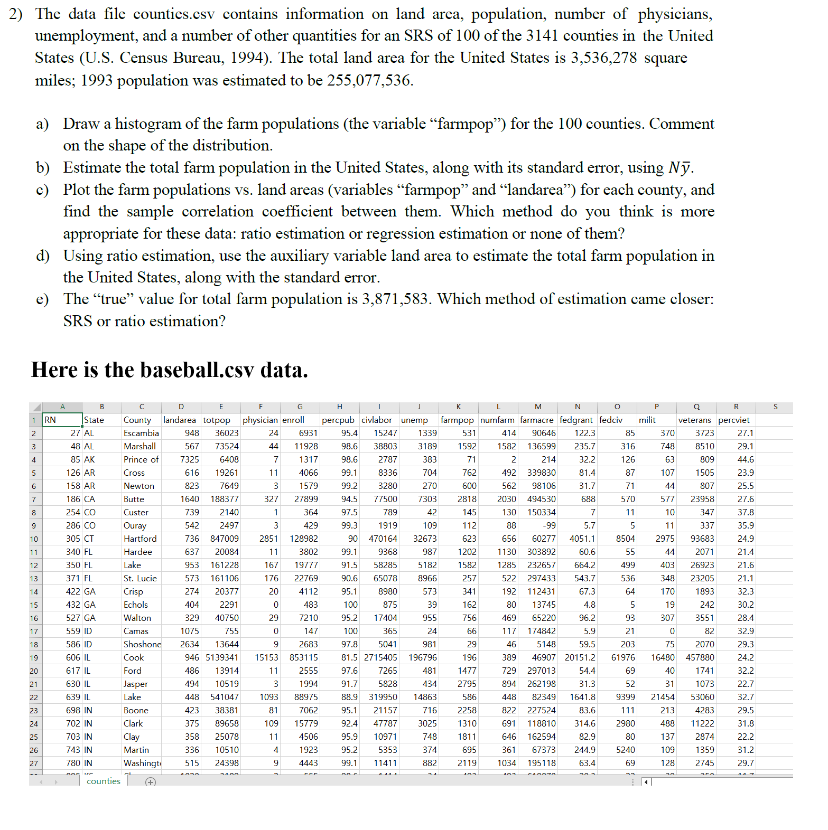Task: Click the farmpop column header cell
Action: click(x=458, y=420)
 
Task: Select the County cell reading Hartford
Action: click(x=140, y=539)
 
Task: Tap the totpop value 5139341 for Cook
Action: click(x=221, y=657)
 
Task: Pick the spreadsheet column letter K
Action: click(x=458, y=407)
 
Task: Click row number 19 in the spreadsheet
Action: click(x=34, y=658)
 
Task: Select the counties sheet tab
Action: click(x=103, y=781)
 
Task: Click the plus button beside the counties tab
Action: click(x=151, y=782)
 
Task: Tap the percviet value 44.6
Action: click(x=745, y=459)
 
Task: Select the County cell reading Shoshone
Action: click(x=142, y=644)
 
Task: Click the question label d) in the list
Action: click(x=43, y=256)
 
